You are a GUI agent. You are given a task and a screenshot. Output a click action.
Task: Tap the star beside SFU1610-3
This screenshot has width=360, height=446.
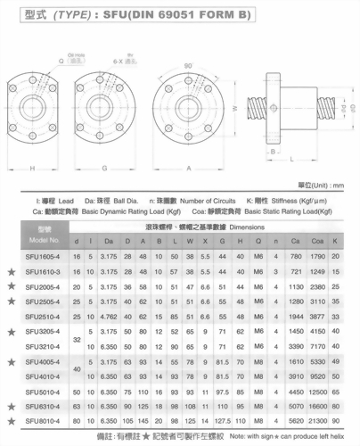point(10,271)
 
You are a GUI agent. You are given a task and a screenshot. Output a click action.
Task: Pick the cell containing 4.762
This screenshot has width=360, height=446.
point(110,317)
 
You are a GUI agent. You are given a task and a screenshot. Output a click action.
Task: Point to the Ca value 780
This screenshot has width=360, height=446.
point(295,256)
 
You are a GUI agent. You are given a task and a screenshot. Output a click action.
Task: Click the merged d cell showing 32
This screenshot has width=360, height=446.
point(77,339)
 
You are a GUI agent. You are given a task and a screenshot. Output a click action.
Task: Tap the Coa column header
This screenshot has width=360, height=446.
point(316,240)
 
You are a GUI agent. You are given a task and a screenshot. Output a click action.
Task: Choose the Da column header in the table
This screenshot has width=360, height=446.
point(110,240)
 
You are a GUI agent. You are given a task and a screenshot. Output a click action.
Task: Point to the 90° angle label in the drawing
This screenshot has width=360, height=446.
point(188,68)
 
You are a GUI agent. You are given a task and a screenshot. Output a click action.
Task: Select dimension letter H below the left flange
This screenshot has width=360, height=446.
point(32,166)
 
